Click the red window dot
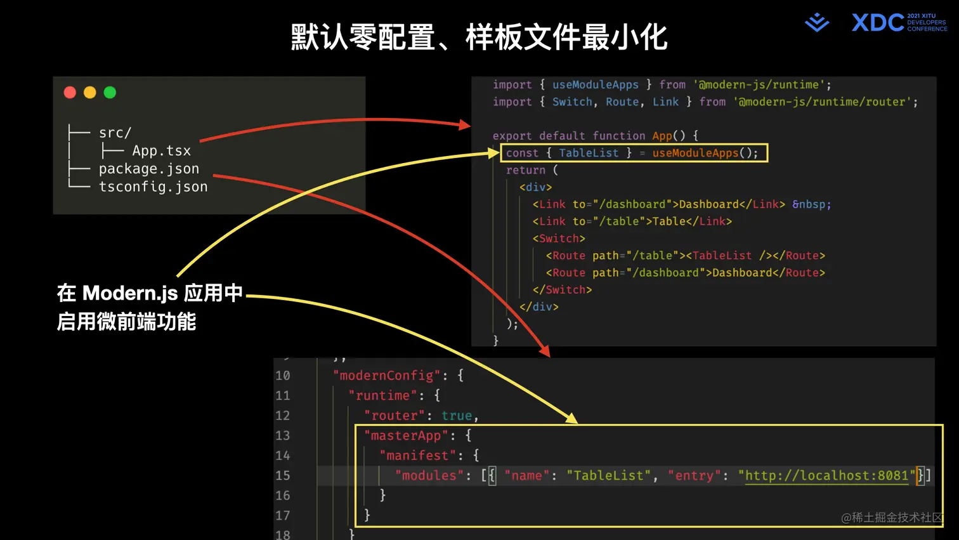pyautogui.click(x=70, y=93)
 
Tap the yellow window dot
pyautogui.click(x=90, y=93)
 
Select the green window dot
pyautogui.click(x=110, y=93)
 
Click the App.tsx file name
pyautogui.click(x=161, y=151)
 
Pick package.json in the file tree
pyautogui.click(x=149, y=169)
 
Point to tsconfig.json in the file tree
pyautogui.click(x=153, y=187)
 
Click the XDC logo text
pyautogui.click(x=878, y=23)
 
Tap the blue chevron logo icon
pyautogui.click(x=817, y=23)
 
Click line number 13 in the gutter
pyautogui.click(x=283, y=436)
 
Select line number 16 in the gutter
pyautogui.click(x=283, y=496)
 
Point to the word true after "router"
pyautogui.click(x=457, y=416)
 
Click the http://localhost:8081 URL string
pyautogui.click(x=826, y=476)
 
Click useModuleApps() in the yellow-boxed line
pyautogui.click(x=705, y=153)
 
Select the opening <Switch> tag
pyautogui.click(x=559, y=239)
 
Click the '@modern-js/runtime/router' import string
pyautogui.click(x=825, y=102)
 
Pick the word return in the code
pyautogui.click(x=526, y=170)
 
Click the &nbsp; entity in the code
pyautogui.click(x=811, y=204)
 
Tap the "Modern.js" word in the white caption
pyautogui.click(x=130, y=293)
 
